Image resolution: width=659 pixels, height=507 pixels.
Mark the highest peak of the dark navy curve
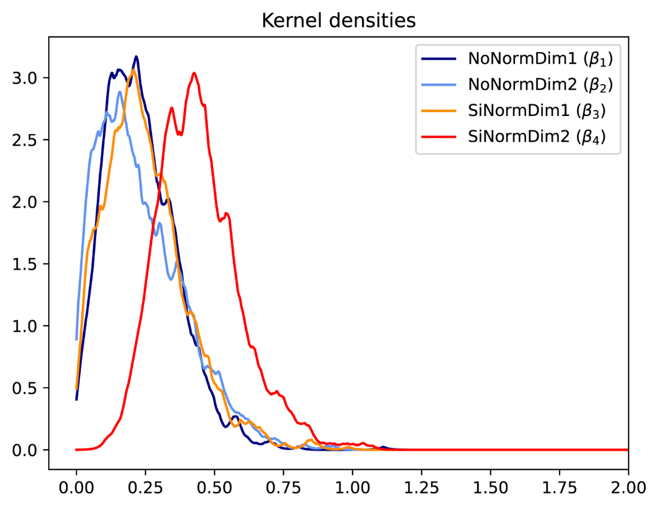pyautogui.click(x=136, y=56)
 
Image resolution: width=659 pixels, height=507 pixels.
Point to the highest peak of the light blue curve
pyautogui.click(x=120, y=91)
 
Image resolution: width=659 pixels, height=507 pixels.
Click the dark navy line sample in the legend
pyautogui.click(x=438, y=59)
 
